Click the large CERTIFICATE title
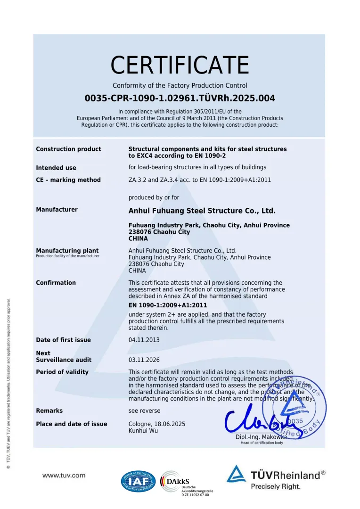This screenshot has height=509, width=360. [180, 65]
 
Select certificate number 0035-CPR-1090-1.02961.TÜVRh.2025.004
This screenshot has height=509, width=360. [180, 99]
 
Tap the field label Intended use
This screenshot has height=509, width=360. [56, 168]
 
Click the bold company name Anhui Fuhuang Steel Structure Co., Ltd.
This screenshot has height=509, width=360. [202, 211]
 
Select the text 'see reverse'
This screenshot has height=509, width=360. [144, 410]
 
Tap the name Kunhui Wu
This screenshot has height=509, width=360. [144, 431]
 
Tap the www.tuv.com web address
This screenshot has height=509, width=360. [64, 476]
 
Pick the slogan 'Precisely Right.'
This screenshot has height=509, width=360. [275, 486]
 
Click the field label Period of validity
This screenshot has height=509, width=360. [62, 372]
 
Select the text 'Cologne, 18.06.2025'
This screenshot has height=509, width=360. [157, 424]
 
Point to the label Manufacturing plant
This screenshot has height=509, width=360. [67, 251]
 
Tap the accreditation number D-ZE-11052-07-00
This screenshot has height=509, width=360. [195, 495]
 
